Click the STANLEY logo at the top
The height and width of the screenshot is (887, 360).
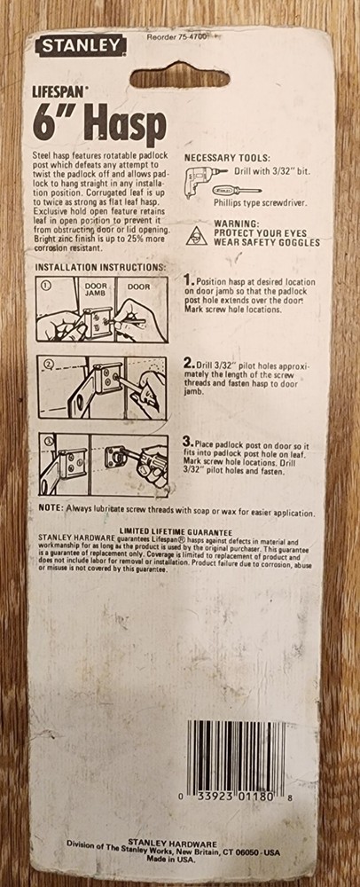point(81,46)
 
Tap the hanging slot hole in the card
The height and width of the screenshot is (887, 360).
point(180,75)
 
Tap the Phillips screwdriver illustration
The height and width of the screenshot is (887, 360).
point(236,190)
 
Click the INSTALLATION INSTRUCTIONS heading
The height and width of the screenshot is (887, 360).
point(100,267)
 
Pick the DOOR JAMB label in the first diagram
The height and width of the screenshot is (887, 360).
point(96,290)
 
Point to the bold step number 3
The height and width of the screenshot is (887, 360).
point(191,442)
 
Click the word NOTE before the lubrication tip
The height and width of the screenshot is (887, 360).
point(51,507)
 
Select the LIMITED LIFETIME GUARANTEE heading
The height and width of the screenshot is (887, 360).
point(176,532)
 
